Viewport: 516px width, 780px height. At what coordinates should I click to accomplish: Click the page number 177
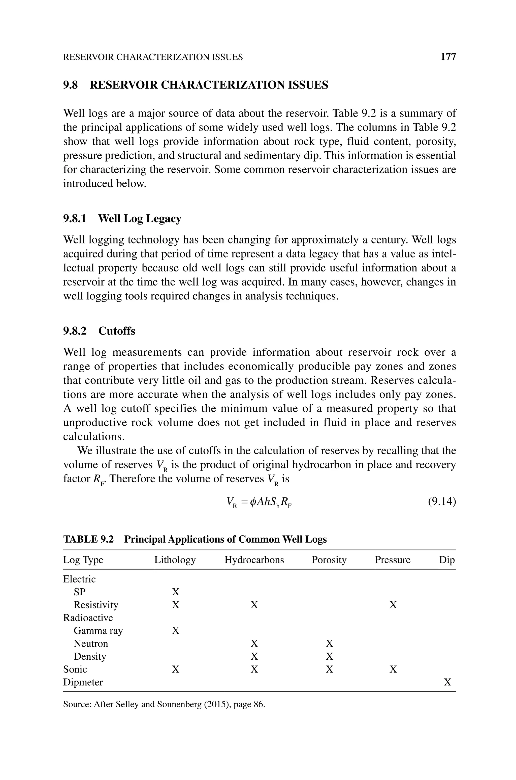[x=448, y=57]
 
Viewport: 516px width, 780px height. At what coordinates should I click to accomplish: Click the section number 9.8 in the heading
[x=71, y=85]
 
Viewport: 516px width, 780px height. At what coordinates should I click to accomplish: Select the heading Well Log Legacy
[x=140, y=219]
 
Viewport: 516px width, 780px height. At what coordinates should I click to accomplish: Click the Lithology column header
[x=175, y=560]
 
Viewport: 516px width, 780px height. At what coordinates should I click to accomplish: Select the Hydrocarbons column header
[x=254, y=560]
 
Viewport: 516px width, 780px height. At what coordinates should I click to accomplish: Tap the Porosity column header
[x=329, y=560]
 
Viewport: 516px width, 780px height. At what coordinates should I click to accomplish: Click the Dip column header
[x=446, y=560]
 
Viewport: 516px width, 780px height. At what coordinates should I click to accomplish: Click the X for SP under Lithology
[x=176, y=592]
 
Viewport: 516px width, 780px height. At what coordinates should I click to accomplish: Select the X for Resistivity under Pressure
[x=393, y=605]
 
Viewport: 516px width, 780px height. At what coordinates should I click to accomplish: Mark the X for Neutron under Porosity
[x=329, y=644]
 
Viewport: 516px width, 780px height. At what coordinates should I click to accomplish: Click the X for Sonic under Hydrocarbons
[x=254, y=669]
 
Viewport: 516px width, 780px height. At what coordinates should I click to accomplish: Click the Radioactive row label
[x=88, y=618]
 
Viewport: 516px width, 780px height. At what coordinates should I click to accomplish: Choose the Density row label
[x=90, y=656]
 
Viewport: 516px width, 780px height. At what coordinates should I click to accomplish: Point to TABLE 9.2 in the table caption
[x=88, y=540]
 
